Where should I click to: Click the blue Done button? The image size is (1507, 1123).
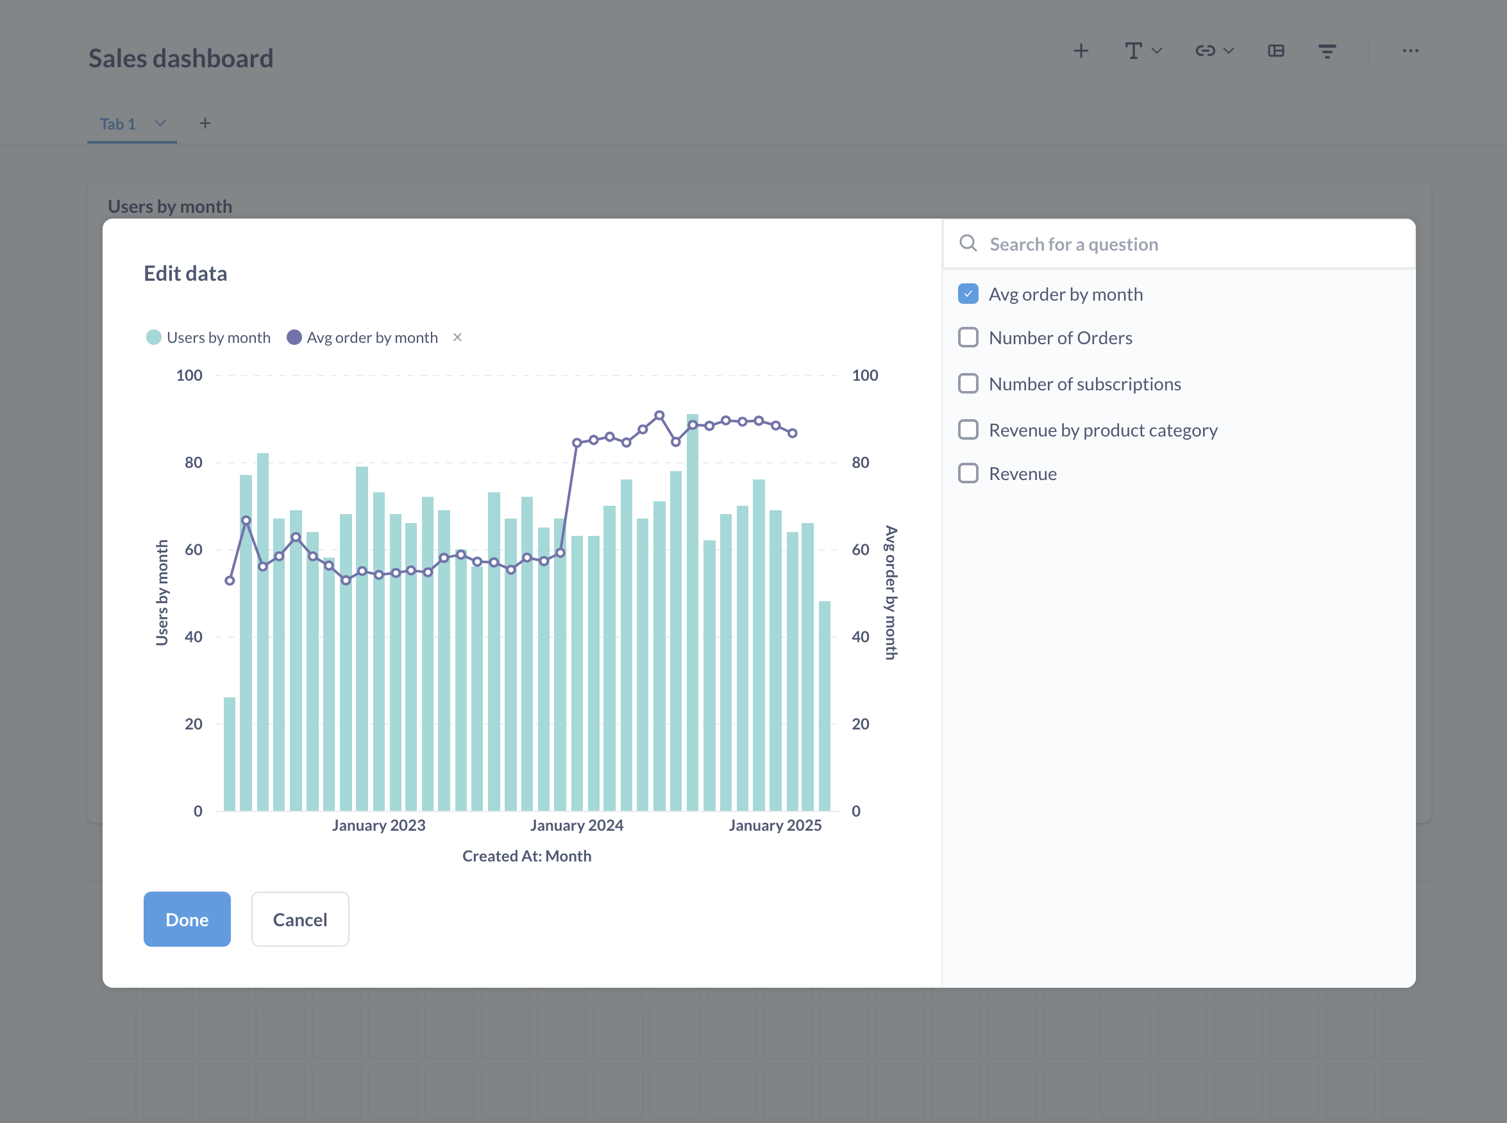[x=187, y=919]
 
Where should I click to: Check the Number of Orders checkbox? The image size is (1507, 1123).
[x=968, y=338]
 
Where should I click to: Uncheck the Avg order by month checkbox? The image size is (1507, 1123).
[x=968, y=294]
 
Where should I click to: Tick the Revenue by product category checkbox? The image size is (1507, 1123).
[x=968, y=429]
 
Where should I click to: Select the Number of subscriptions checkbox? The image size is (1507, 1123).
[x=968, y=384]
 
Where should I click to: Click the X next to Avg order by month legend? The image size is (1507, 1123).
[x=458, y=337]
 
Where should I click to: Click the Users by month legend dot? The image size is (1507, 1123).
[x=154, y=337]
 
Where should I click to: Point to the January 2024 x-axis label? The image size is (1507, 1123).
[x=577, y=825]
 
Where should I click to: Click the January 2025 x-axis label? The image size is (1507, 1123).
[x=775, y=825]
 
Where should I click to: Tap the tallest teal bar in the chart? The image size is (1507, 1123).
[x=693, y=611]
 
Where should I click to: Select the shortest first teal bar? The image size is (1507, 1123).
[x=230, y=754]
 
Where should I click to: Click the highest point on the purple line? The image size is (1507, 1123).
[x=659, y=415]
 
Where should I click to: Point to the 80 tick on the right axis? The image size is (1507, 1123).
[x=860, y=462]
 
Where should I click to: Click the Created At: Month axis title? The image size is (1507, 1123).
[x=526, y=856]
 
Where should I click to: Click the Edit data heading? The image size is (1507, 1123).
[x=185, y=273]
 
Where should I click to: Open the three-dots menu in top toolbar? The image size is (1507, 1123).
[x=1410, y=51]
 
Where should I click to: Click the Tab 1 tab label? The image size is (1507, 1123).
[x=117, y=124]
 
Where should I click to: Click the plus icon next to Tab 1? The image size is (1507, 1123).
[x=205, y=123]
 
